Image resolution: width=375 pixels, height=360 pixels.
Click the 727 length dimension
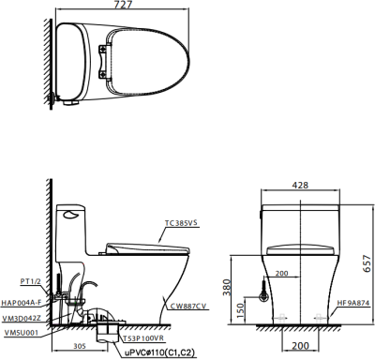[x=123, y=5]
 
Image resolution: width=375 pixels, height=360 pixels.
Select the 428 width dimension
[x=300, y=185]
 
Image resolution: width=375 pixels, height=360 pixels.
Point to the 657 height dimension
[x=367, y=263]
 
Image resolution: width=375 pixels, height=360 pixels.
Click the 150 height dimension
[x=240, y=310]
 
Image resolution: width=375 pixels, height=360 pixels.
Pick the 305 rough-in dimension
[x=80, y=346]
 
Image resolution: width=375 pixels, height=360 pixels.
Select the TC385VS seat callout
[x=182, y=223]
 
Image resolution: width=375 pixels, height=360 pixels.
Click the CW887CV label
[x=188, y=307]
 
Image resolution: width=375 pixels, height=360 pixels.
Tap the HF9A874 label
[x=353, y=303]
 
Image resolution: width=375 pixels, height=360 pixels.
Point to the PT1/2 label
[x=31, y=281]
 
